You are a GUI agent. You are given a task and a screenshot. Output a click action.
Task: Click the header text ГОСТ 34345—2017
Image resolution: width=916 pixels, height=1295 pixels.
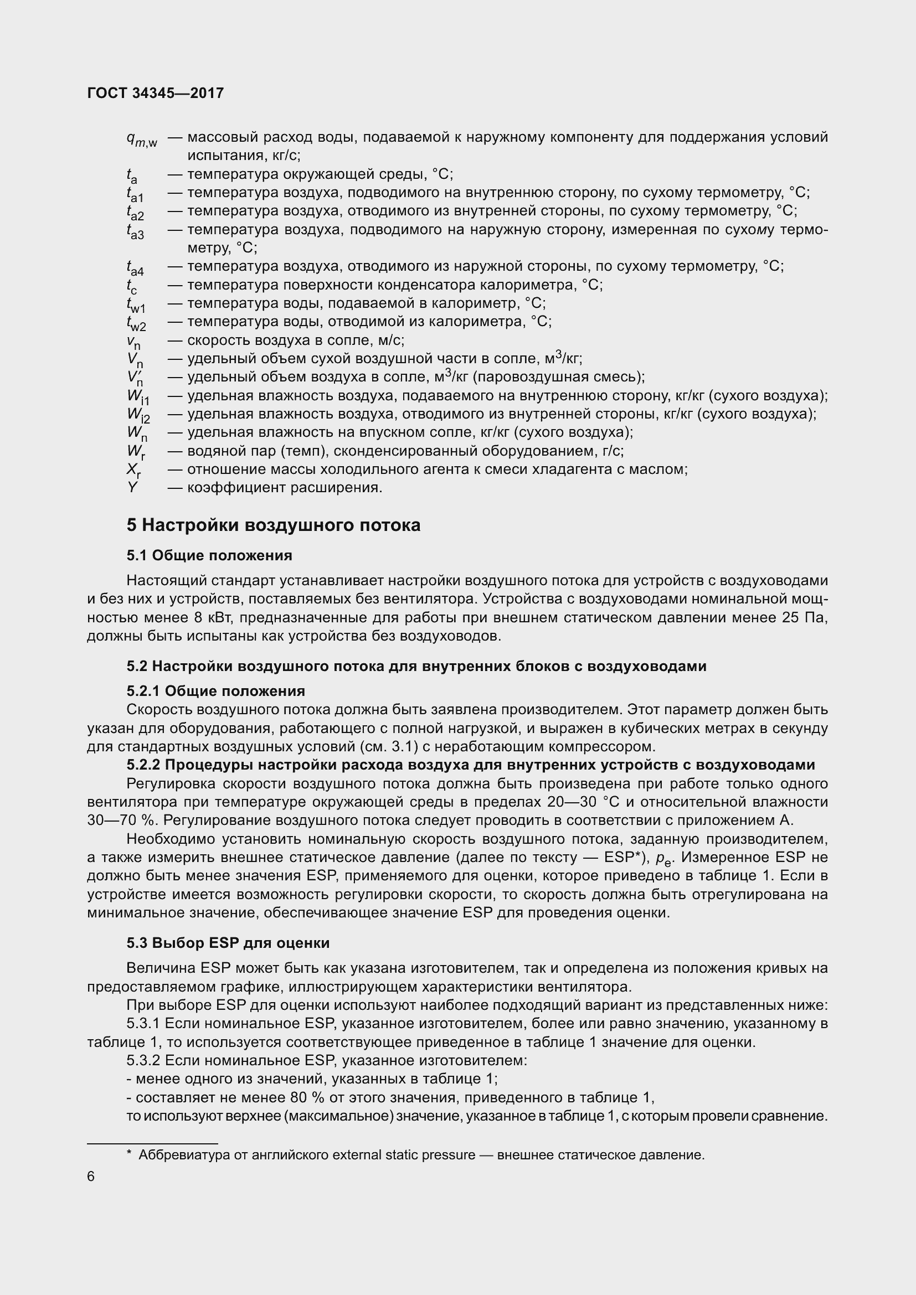(x=156, y=93)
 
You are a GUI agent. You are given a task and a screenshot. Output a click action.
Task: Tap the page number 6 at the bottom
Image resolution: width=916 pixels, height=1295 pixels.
(x=91, y=1177)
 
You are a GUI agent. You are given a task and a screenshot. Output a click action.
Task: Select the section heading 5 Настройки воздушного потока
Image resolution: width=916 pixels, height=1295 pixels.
(x=274, y=525)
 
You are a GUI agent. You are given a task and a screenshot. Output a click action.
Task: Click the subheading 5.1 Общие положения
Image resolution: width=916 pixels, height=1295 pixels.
(x=209, y=555)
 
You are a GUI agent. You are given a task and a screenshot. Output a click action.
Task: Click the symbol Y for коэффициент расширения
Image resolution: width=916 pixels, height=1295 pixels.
(x=132, y=487)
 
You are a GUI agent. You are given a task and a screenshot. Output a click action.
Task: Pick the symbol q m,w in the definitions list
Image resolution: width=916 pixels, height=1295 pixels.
(x=142, y=139)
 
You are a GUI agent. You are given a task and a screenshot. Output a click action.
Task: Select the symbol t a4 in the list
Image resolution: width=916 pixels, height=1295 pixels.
(x=135, y=267)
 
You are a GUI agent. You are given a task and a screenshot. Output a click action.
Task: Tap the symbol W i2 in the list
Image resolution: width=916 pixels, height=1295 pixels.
(x=138, y=415)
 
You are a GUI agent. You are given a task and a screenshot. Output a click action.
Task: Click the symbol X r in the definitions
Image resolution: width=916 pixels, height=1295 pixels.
(x=133, y=470)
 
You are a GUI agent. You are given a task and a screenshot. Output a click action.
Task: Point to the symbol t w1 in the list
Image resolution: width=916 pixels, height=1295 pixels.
(x=136, y=305)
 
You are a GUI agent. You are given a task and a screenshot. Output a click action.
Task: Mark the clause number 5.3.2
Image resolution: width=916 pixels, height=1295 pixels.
(x=144, y=1060)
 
